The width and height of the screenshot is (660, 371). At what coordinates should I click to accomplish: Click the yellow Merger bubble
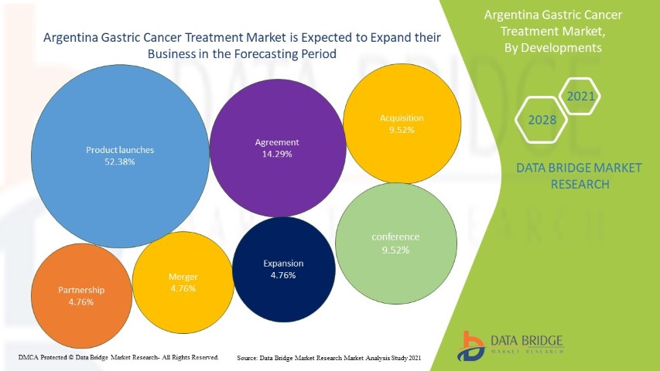tap(183, 282)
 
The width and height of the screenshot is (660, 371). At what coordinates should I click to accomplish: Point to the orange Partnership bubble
tap(80, 295)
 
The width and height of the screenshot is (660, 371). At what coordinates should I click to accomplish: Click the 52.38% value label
tap(120, 162)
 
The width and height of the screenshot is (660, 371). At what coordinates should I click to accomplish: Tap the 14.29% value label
tap(277, 155)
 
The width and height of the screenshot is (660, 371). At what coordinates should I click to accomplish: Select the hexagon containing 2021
tap(580, 97)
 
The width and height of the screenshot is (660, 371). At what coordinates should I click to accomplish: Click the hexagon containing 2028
tap(541, 120)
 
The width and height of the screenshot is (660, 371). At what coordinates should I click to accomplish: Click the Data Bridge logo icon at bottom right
tap(470, 345)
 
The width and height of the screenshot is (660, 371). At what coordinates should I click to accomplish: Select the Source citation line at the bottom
tap(329, 358)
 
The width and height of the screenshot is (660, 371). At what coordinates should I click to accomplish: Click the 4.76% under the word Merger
tap(183, 288)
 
